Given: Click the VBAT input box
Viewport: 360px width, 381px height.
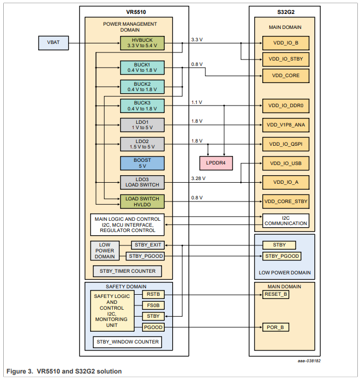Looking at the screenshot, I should pos(53,43).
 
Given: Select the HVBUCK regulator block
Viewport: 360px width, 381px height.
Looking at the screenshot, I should pos(142,43).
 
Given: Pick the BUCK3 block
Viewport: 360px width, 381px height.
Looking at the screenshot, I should pos(142,106).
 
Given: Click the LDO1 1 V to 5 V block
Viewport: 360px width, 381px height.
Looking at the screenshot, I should pos(142,125).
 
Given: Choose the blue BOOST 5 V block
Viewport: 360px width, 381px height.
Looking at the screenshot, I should pos(142,163).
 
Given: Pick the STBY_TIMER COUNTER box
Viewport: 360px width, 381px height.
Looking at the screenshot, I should pos(127,271).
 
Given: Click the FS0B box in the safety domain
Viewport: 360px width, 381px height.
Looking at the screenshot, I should pos(153,305).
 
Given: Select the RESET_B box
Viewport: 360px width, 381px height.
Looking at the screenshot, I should pos(276,294).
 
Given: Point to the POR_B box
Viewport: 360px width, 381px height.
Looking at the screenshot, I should pos(276,327).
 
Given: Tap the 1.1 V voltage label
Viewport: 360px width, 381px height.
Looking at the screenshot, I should pos(197,102).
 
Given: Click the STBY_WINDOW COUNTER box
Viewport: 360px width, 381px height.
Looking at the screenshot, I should pos(127,341).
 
